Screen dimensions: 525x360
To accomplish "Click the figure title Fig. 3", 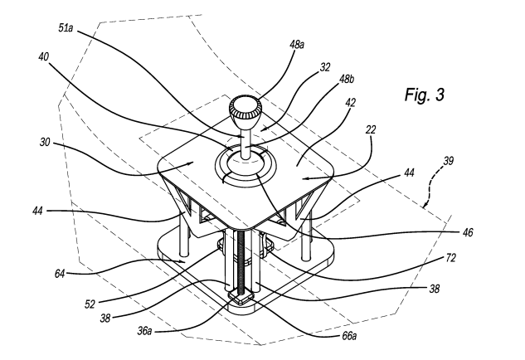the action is pos(424,94).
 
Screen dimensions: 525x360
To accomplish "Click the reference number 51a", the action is pos(66,28).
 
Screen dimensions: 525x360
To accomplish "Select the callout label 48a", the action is pos(297,45).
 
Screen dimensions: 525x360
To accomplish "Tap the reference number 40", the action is pos(43,57).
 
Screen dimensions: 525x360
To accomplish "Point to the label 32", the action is pos(325,67).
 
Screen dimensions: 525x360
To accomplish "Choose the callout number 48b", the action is pos(347,79).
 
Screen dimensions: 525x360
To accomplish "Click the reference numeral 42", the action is pos(350,103).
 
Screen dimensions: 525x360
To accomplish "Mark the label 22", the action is pos(371,129).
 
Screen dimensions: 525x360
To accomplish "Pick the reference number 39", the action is pos(449,161).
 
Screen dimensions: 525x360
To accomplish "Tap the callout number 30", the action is pos(45,143).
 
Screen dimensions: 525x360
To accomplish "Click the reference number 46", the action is pos(468,232).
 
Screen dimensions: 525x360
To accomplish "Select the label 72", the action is pos(450,258).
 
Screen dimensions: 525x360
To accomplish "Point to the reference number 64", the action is pos(60,274).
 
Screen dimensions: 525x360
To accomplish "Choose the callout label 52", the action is pos(90,304).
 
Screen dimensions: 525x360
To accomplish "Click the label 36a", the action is pos(144,331).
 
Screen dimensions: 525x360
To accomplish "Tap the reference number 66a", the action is pos(348,335).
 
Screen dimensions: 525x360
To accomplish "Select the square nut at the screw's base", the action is pos(241,297).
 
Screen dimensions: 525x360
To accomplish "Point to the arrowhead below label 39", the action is pos(425,204).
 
